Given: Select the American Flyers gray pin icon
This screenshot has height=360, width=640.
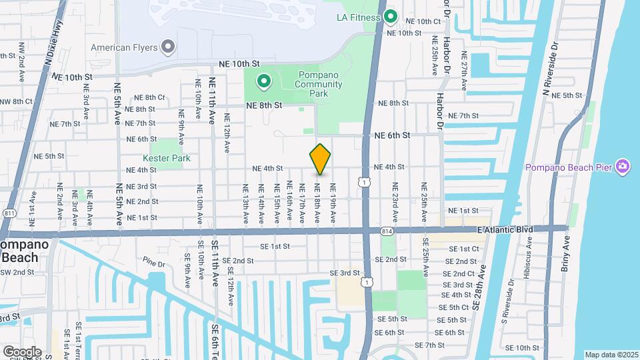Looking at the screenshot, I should pyautogui.click(x=168, y=47).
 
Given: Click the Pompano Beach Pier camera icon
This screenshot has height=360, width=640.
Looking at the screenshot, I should pyautogui.click(x=623, y=166).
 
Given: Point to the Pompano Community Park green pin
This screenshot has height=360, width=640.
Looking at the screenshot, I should pyautogui.click(x=264, y=82).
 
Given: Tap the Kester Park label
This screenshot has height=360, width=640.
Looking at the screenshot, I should pyautogui.click(x=167, y=158).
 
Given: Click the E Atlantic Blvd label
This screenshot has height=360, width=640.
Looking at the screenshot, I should pyautogui.click(x=505, y=229).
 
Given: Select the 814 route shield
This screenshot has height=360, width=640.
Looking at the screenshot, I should pyautogui.click(x=387, y=231).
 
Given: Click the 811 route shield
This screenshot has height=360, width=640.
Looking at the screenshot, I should pyautogui.click(x=9, y=213).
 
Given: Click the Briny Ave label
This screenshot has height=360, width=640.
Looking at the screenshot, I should pyautogui.click(x=566, y=249).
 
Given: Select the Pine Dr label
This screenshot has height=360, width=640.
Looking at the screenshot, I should pyautogui.click(x=153, y=263).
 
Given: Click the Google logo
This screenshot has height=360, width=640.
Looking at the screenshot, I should pyautogui.click(x=22, y=351).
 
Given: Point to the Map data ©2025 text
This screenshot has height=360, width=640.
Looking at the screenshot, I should pyautogui.click(x=611, y=355).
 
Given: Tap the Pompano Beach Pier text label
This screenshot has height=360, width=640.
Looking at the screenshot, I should pyautogui.click(x=569, y=167).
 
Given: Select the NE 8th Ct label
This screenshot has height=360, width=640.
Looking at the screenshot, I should pyautogui.click(x=150, y=97).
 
